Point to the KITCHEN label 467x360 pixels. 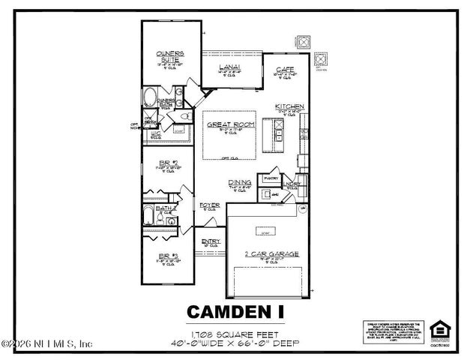point(289,106)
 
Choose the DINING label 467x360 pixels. point(240,182)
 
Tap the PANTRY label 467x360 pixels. point(268,178)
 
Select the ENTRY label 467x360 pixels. point(211,241)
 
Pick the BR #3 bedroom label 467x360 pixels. point(168,256)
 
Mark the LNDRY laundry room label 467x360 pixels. point(293,182)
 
